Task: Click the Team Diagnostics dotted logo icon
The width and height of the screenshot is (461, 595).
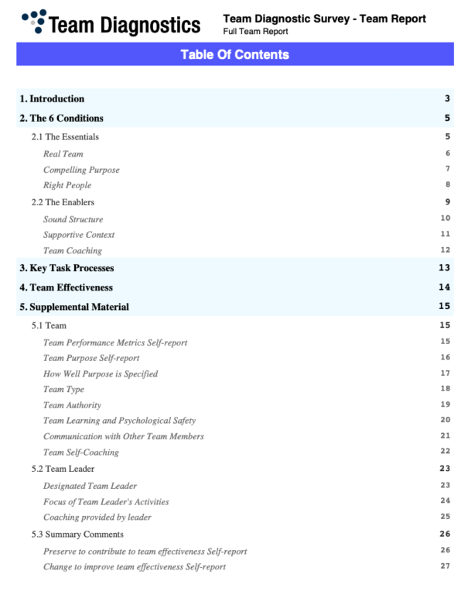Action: coord(35,21)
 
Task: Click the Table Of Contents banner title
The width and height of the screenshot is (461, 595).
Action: coord(234,54)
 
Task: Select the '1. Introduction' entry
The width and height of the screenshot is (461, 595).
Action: coord(52,99)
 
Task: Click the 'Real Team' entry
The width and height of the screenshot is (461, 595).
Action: coord(63,153)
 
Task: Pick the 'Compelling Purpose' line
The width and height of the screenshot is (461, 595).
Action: coord(81,170)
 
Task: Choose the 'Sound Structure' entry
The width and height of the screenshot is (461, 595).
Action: coord(73,219)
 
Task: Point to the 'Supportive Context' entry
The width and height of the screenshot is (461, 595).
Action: coord(79,235)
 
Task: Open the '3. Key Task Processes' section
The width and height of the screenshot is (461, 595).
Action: coord(67,268)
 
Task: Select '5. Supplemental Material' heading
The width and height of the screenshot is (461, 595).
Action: coord(74,307)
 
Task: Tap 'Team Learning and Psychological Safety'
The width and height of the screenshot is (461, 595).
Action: coord(119,421)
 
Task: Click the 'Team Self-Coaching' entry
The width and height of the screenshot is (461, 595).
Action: coord(81,452)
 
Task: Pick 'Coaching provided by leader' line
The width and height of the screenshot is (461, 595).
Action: coord(97,517)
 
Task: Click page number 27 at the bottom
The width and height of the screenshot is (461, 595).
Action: coord(445,566)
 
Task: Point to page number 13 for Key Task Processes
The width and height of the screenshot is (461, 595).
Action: coord(444,268)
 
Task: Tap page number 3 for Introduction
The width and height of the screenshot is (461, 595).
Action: coord(447,99)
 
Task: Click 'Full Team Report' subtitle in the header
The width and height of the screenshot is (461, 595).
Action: coord(255,32)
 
